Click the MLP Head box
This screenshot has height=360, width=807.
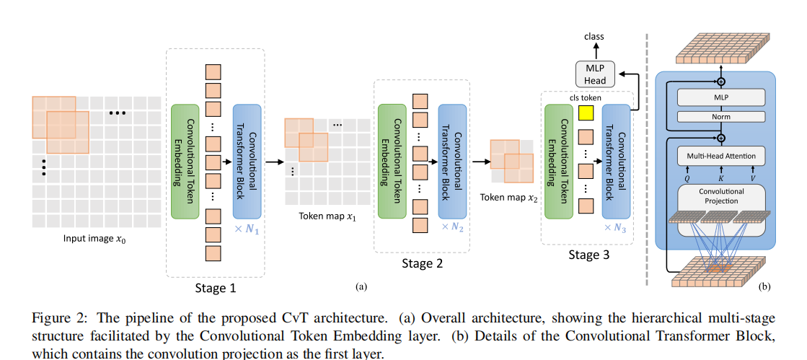click(x=596, y=74)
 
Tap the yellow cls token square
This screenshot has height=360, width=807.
click(x=586, y=113)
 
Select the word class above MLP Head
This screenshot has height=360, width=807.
click(x=595, y=36)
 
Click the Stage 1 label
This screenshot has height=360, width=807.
click(x=215, y=288)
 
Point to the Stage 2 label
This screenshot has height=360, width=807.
click(x=422, y=263)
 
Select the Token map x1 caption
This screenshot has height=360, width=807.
click(x=327, y=216)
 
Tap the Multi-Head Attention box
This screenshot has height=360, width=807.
click(x=720, y=155)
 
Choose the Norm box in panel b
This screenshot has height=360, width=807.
click(x=720, y=116)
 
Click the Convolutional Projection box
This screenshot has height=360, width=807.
click(x=720, y=196)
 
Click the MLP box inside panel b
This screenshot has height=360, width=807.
click(x=720, y=97)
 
